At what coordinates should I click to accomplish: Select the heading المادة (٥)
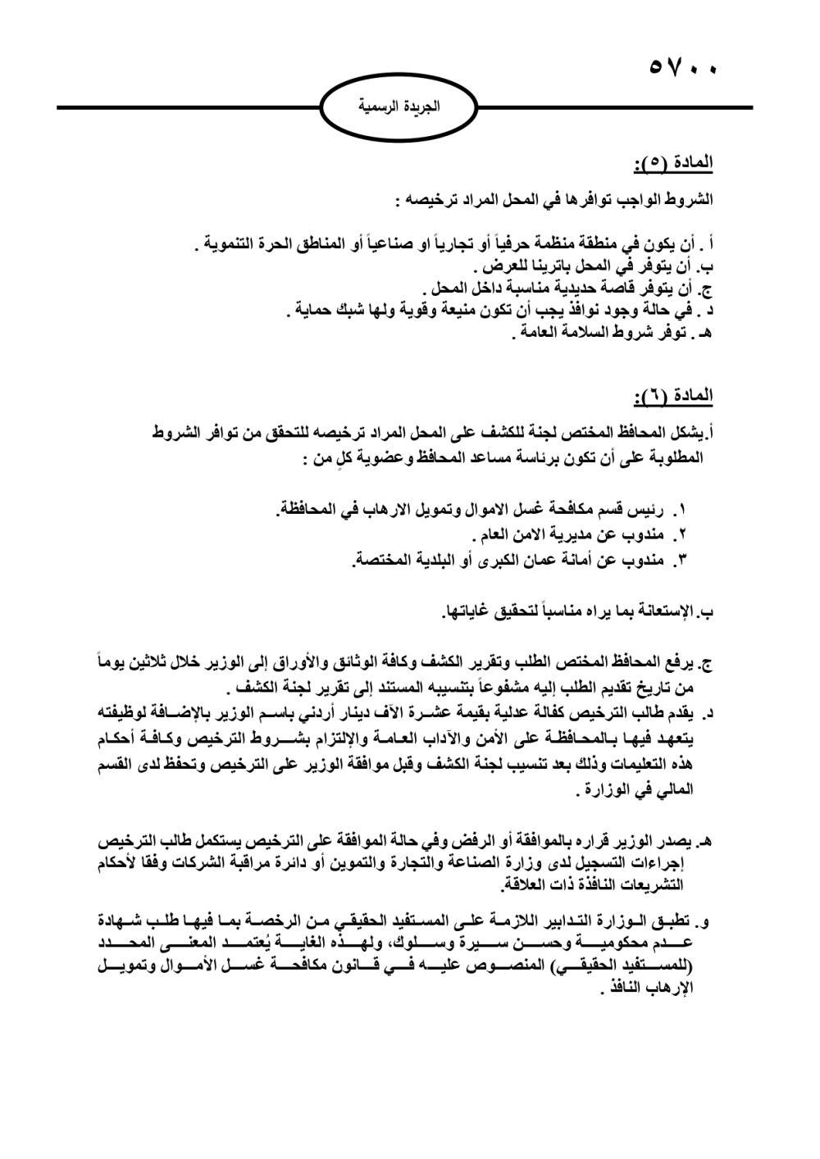click(673, 165)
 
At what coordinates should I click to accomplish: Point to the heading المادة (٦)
click(673, 398)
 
